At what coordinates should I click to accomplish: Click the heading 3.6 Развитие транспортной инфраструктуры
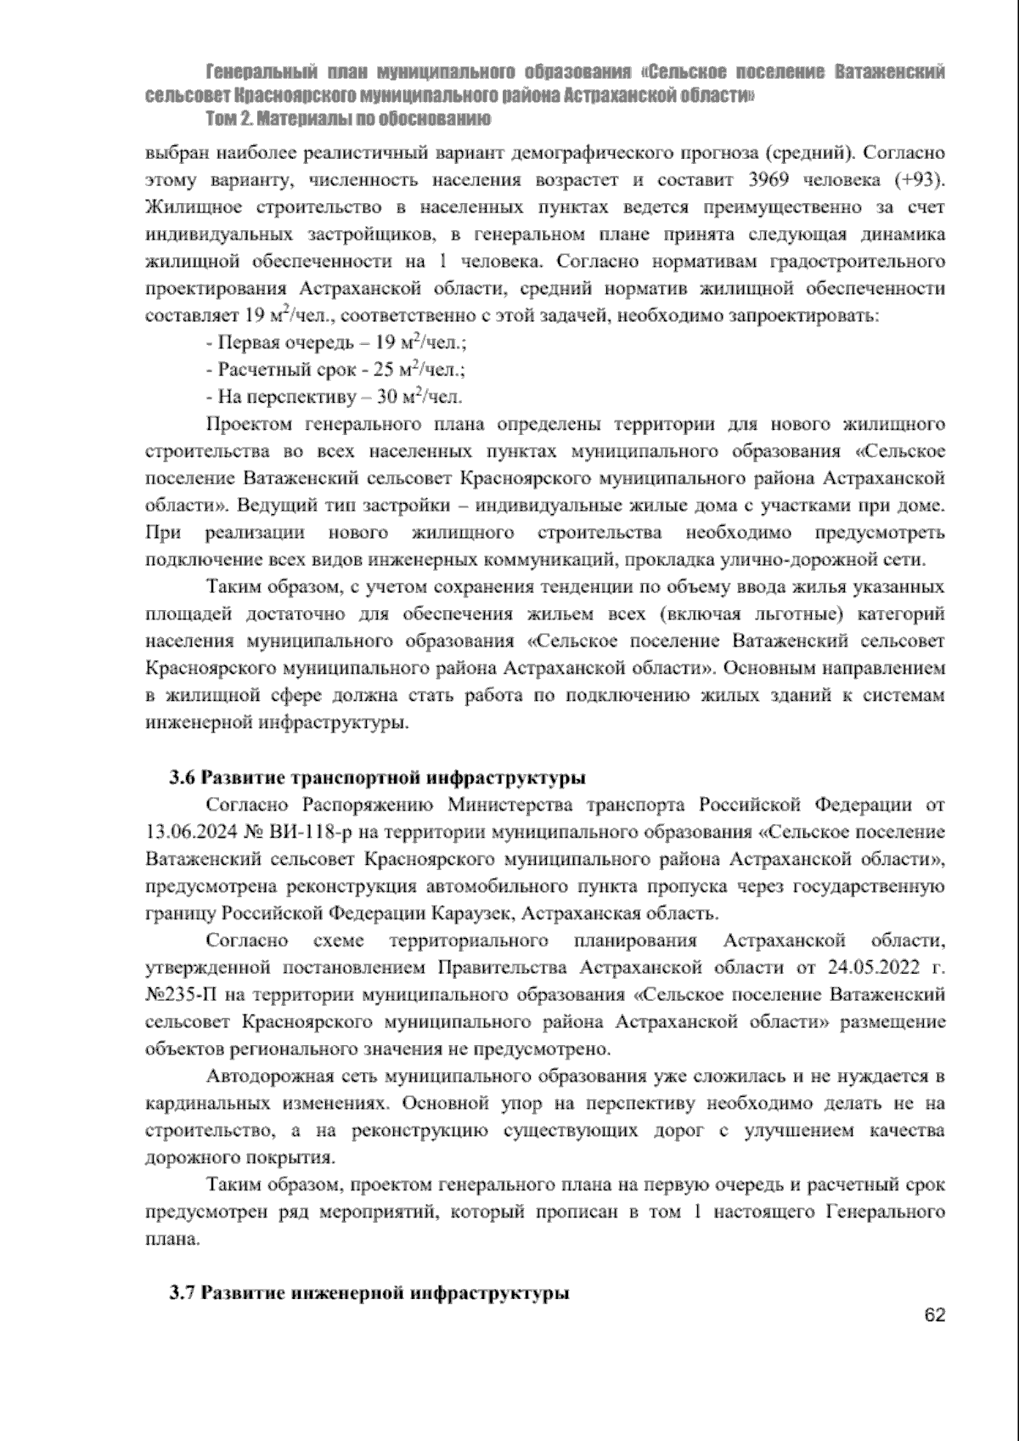(377, 777)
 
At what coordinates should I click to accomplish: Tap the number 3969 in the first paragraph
(773, 181)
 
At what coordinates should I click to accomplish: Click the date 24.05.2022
(861, 967)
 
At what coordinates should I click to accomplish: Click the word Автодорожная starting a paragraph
(267, 1077)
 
